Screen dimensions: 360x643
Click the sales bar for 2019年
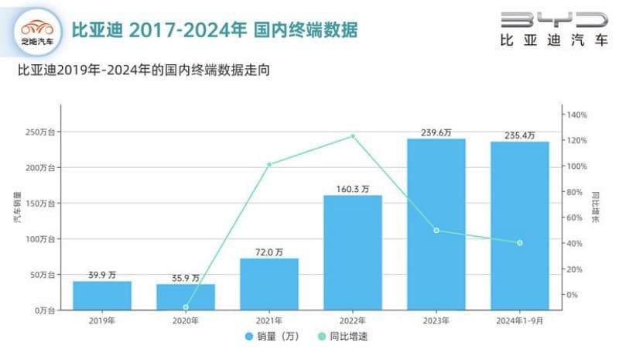click(x=102, y=295)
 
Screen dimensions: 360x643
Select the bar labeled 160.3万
click(x=352, y=252)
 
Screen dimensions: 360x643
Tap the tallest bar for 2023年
click(x=436, y=224)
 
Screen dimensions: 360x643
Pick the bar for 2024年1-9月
click(x=519, y=225)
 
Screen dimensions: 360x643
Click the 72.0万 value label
click(x=268, y=251)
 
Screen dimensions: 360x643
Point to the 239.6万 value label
click(x=436, y=132)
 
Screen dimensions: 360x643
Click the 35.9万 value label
click(x=185, y=277)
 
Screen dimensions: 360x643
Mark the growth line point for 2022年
click(x=353, y=136)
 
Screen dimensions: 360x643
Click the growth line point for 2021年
click(x=269, y=164)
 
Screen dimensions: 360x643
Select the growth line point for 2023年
click(x=436, y=230)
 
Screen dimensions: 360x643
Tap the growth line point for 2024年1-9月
click(x=520, y=243)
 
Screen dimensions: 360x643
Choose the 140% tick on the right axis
click(x=577, y=115)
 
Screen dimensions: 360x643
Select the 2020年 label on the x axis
click(x=186, y=321)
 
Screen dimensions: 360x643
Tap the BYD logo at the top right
click(x=554, y=29)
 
